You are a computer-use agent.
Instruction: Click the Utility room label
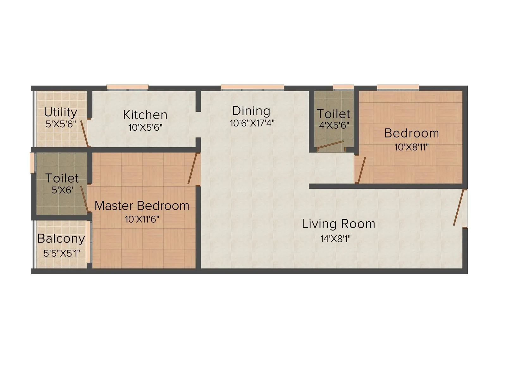pos(60,112)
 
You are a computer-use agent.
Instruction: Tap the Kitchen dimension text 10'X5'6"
pos(145,128)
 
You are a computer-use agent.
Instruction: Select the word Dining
pos(251,111)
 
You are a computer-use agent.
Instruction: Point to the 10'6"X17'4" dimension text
pos(252,123)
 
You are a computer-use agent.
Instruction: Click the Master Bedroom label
pos(142,206)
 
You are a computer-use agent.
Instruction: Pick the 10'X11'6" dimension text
pos(142,219)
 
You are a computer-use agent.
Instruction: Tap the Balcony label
pos(61,238)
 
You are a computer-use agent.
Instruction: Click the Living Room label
pos(338,224)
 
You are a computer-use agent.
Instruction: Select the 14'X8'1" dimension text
pos(336,239)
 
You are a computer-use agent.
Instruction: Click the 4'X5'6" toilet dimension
pos(334,125)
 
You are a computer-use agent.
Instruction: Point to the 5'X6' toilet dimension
pos(63,190)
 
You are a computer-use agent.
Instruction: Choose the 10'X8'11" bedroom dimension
pos(411,147)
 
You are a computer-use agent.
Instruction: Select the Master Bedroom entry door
pos(193,168)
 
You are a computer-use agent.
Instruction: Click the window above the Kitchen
pos(127,87)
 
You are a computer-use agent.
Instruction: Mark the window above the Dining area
pos(252,87)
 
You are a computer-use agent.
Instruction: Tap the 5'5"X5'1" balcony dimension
pos(62,253)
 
